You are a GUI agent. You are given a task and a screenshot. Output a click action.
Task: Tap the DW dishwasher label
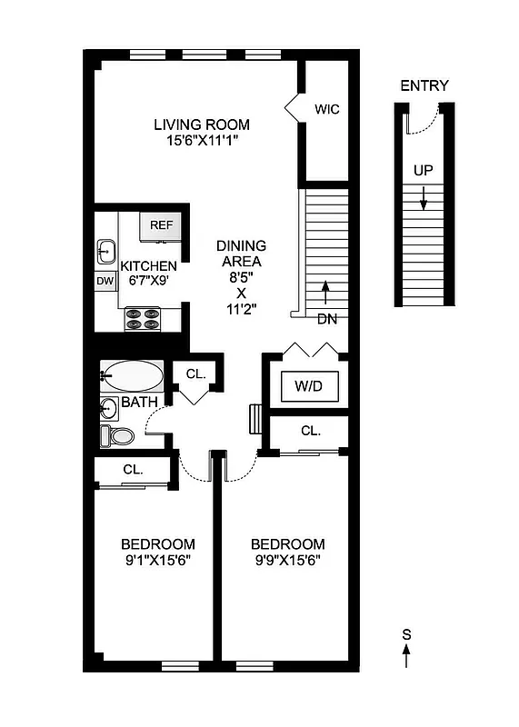point(105,281)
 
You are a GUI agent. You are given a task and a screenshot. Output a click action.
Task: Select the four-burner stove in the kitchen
point(143,319)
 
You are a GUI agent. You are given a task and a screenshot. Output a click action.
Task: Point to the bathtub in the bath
point(132,374)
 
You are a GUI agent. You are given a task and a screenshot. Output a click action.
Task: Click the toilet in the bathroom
point(117,435)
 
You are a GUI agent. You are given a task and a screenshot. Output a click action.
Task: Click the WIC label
point(327,110)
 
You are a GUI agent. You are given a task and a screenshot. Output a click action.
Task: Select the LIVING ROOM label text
point(201,124)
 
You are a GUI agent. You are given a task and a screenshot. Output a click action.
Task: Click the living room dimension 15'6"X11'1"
point(201,141)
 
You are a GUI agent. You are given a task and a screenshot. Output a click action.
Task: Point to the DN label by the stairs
point(327,318)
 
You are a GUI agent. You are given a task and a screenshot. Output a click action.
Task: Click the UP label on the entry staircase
point(423,170)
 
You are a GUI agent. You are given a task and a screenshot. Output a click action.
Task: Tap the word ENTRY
point(424,86)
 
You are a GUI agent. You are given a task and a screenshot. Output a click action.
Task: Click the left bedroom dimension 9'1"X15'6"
point(157,561)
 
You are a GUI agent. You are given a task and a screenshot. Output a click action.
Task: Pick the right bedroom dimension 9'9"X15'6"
point(286,561)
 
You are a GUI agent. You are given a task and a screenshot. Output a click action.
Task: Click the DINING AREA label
point(241,254)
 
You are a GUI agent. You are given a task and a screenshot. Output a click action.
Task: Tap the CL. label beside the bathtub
point(196,373)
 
